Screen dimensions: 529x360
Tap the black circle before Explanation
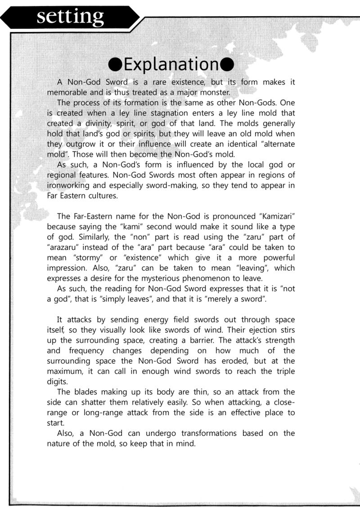pos(116,64)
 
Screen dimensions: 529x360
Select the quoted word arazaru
pos(64,247)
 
